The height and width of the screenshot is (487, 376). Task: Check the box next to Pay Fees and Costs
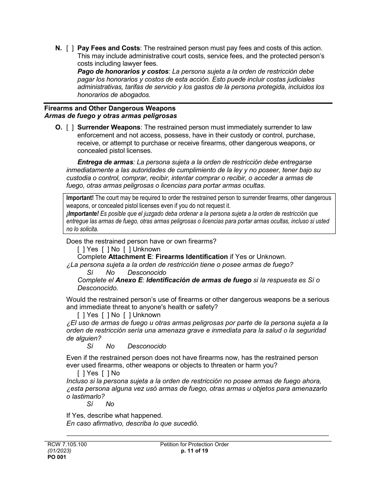[70, 48]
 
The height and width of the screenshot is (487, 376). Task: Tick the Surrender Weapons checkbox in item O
[70, 127]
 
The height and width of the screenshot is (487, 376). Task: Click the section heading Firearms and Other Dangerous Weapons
[110, 108]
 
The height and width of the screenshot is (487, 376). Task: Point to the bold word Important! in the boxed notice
[80, 198]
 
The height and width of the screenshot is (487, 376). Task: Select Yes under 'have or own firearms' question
[81, 249]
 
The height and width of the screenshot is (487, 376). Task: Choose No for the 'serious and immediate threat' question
[105, 315]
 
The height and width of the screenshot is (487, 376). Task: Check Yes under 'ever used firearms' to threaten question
[81, 373]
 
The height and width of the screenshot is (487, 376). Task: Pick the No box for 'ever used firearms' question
[105, 373]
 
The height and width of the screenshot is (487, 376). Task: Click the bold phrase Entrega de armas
[105, 162]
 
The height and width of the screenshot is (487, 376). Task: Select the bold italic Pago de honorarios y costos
[123, 72]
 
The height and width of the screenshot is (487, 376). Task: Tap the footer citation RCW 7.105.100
[65, 444]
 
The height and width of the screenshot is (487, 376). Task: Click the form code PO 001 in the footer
[55, 457]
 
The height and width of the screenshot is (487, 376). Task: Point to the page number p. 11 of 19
[194, 451]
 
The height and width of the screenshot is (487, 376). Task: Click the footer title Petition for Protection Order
[194, 444]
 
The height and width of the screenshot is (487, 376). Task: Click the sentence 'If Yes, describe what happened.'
[114, 416]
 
